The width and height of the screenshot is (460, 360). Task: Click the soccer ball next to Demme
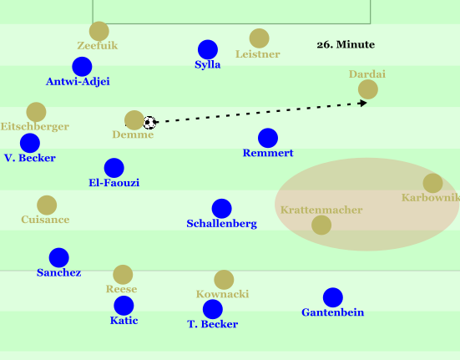coord(149,123)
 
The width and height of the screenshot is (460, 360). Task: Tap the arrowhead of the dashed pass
coord(363,103)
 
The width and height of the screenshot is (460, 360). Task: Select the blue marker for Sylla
coord(208,49)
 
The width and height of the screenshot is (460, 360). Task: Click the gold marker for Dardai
coord(368,89)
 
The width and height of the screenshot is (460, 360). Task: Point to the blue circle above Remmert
coord(268,138)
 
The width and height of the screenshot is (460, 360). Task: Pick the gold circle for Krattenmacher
coord(321,225)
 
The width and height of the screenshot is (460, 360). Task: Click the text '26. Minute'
coord(346,44)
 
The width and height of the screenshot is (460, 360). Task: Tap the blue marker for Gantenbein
coord(333,297)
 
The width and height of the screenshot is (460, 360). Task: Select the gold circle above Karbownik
coord(432,183)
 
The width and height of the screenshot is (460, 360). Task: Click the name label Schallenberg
coord(222,224)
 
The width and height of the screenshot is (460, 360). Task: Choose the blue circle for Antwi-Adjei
coord(82,67)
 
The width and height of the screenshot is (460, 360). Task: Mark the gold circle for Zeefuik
coord(99,31)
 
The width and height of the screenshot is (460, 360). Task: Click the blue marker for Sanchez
coord(59,257)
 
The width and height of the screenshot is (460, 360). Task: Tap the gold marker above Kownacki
coord(224,280)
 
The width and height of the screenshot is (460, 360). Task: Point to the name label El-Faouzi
coord(114,183)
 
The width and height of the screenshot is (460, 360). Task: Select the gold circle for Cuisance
coord(47,205)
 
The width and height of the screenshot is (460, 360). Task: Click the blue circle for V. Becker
coord(30,143)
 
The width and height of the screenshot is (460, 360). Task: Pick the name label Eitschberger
coord(34,126)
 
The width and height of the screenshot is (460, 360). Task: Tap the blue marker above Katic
coord(124,306)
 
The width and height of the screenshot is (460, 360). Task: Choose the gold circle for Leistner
coord(260,38)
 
